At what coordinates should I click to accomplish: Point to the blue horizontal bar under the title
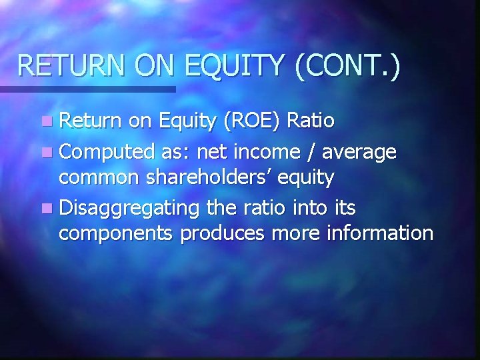pyautogui.click(x=87, y=89)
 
